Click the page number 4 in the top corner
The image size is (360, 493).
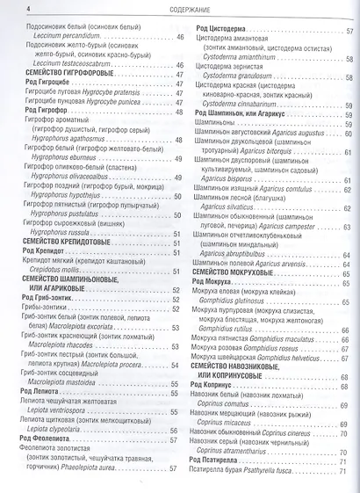(6, 10)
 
